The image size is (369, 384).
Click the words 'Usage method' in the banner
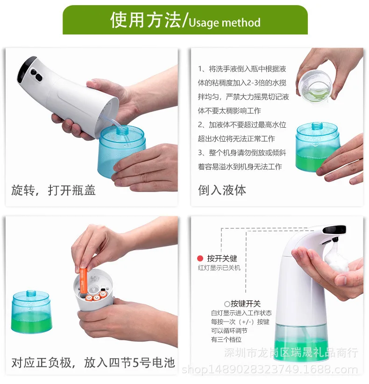click(x=224, y=23)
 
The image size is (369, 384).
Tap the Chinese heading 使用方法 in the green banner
click(x=146, y=20)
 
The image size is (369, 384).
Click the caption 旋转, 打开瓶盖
click(x=53, y=190)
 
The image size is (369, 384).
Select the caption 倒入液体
click(x=222, y=190)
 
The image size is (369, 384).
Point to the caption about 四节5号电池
click(x=93, y=363)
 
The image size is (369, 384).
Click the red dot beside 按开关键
click(x=200, y=258)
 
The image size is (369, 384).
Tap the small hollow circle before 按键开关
click(x=227, y=304)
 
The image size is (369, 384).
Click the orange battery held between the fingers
click(x=84, y=281)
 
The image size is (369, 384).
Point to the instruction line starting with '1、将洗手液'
click(x=242, y=69)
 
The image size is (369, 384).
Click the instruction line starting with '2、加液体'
click(x=242, y=124)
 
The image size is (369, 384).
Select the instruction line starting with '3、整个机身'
click(x=242, y=152)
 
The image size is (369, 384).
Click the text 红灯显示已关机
click(x=219, y=267)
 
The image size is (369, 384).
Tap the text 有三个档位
click(x=227, y=339)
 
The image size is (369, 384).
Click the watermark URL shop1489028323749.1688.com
click(x=270, y=370)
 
